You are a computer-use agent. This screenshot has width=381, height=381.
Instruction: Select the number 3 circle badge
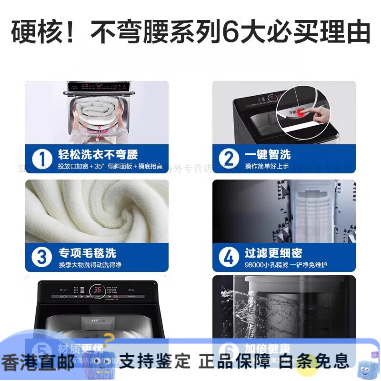tap(41, 257)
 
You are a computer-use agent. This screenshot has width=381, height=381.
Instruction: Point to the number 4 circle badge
tap(229, 257)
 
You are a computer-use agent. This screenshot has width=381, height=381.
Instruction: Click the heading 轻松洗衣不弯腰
tap(98, 154)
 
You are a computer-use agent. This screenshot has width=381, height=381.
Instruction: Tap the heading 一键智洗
tap(268, 154)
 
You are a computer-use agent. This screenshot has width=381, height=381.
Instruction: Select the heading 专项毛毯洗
tap(87, 252)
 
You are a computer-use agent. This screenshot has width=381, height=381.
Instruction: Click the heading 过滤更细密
tap(273, 252)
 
